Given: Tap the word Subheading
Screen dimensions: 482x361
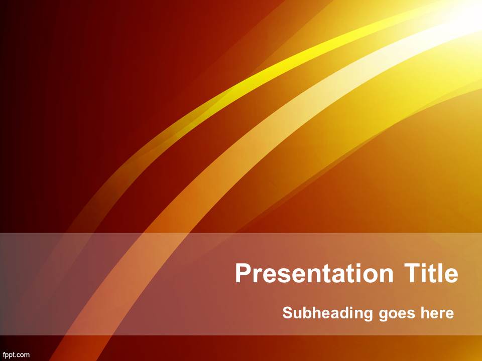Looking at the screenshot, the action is tap(327, 313).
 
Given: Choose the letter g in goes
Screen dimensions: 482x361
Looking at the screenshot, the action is tap(384, 315).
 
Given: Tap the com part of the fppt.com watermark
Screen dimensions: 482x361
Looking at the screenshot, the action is tap(24, 355).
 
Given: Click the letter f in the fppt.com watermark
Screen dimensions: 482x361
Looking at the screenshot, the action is tap(4, 355).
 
